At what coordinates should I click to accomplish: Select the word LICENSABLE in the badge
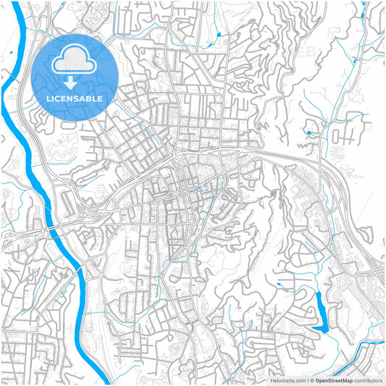coord(75,98)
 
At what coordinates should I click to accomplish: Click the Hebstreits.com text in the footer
coord(289,379)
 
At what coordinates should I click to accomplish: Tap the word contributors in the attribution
coord(368,379)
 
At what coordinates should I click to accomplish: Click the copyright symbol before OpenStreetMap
coord(312,379)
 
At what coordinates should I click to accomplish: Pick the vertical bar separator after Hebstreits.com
coord(308,379)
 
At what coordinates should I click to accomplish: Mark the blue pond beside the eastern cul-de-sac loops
coord(308,133)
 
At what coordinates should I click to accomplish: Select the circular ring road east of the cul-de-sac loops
coord(337,154)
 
